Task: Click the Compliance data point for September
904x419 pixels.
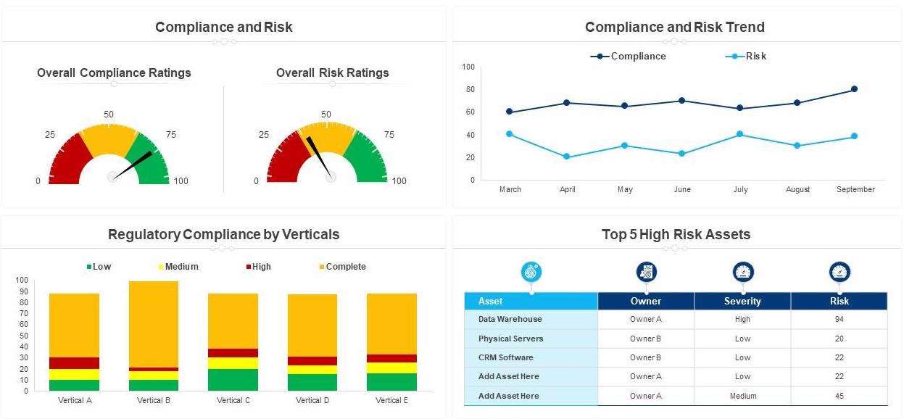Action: click(x=854, y=89)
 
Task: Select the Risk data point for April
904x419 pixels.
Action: click(x=567, y=157)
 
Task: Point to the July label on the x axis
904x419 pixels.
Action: click(x=740, y=189)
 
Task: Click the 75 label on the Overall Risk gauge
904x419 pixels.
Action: click(x=389, y=135)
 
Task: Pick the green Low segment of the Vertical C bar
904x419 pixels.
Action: click(x=233, y=380)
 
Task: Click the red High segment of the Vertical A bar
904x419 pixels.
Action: click(x=74, y=363)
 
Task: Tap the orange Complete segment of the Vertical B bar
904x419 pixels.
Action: click(x=154, y=324)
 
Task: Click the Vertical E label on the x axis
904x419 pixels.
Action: click(x=391, y=400)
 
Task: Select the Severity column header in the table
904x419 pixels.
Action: click(x=742, y=301)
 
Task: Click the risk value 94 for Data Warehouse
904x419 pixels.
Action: click(x=839, y=319)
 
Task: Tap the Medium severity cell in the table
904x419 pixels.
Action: click(x=742, y=396)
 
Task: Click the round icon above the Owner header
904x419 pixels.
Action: click(x=646, y=273)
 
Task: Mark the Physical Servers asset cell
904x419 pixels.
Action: click(x=510, y=339)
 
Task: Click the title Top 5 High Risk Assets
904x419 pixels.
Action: click(x=676, y=234)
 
